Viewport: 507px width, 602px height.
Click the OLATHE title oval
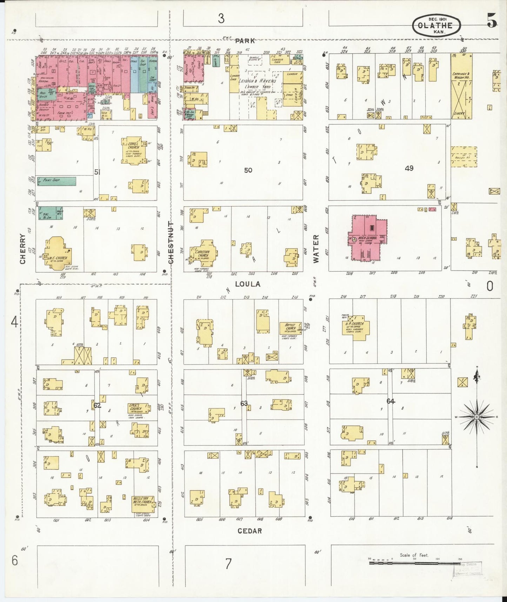436,26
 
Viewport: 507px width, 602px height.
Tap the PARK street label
245,41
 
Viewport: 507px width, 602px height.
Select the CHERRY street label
23,249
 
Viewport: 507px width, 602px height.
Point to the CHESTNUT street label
171,242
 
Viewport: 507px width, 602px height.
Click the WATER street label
316,249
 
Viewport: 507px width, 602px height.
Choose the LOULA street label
248,284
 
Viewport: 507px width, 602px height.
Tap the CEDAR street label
250,531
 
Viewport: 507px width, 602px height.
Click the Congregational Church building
133,150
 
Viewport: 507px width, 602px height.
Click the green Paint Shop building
56,181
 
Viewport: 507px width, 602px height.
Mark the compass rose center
476,417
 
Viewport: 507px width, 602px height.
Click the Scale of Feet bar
414,563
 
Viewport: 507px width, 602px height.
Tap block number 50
248,170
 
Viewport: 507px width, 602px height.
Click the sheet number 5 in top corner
492,22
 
